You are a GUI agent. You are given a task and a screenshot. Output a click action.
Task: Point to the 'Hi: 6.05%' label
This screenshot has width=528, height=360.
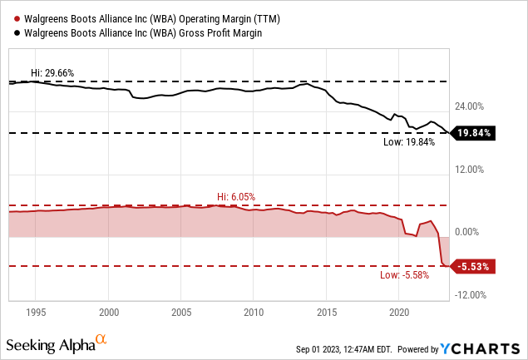(x=235, y=196)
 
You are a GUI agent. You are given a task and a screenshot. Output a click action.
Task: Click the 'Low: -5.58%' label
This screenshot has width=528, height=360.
(x=404, y=274)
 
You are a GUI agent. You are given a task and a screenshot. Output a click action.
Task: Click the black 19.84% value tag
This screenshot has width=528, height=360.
(x=474, y=133)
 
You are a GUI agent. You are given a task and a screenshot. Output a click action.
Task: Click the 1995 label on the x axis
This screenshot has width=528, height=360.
(x=36, y=313)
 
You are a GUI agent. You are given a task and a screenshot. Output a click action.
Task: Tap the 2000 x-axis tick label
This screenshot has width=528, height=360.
(x=108, y=313)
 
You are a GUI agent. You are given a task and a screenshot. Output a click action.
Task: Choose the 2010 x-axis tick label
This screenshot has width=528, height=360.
(x=254, y=313)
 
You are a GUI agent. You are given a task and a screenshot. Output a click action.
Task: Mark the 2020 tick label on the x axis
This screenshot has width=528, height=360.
(x=399, y=313)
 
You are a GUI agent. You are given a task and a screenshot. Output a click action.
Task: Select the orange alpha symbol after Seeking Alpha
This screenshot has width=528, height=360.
(x=101, y=339)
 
